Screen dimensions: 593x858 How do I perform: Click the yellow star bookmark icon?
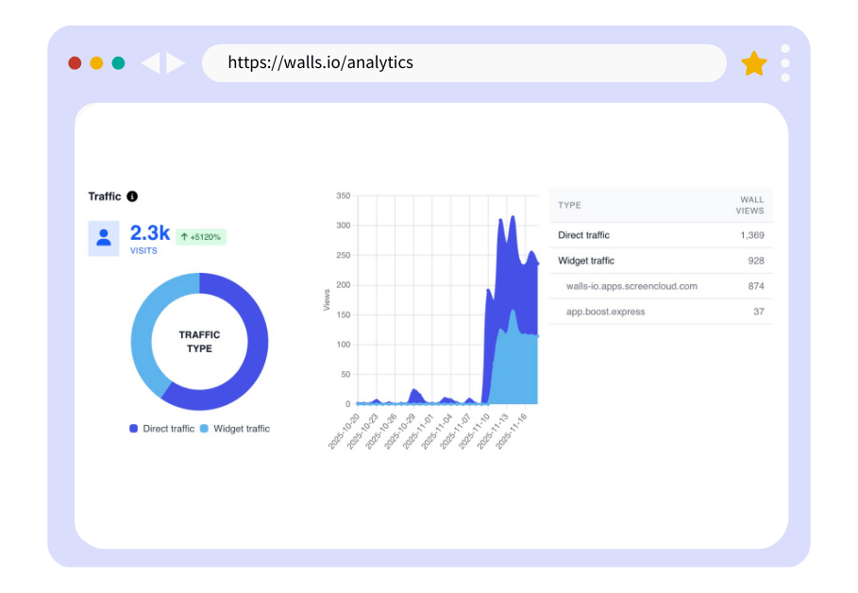753,63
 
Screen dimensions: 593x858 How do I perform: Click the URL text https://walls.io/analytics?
320,63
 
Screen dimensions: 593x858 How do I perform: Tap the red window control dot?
75,63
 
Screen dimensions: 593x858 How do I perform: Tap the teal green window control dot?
118,63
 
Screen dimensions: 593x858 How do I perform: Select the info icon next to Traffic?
132,196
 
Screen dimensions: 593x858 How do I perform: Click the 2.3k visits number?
149,233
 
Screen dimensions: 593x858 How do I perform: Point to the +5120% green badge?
200,237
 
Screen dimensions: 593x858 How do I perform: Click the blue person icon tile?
104,238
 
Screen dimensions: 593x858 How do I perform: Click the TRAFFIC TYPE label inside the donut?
199,342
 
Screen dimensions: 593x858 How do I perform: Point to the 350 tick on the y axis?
343,196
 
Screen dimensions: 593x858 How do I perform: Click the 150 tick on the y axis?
343,314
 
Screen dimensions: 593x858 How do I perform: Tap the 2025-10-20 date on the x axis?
345,431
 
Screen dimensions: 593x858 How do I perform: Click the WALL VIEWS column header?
751,205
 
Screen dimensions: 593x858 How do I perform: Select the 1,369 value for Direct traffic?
751,235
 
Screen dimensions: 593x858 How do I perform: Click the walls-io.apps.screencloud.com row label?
631,286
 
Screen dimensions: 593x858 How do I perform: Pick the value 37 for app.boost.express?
758,312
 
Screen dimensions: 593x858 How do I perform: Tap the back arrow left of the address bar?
150,63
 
